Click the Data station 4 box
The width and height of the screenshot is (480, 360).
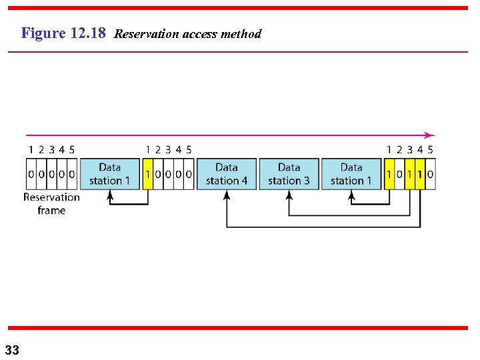[x=227, y=174]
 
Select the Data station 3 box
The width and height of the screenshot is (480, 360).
[x=289, y=174]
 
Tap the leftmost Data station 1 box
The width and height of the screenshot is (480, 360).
[x=109, y=174]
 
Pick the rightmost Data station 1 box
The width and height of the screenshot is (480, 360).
[x=351, y=174]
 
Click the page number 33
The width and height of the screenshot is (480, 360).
[x=12, y=349]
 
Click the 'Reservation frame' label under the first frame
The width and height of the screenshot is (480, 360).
[x=51, y=203]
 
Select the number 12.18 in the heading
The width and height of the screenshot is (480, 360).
[x=87, y=33]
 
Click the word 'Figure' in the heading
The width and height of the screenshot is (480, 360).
[x=43, y=33]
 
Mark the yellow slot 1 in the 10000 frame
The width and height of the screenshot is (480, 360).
[x=148, y=175]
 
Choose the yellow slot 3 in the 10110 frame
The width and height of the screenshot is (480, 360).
[x=409, y=175]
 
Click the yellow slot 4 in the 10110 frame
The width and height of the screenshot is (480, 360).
[x=420, y=175]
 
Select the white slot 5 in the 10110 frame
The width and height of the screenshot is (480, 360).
[x=430, y=175]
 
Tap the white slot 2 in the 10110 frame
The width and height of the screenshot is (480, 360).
[x=399, y=175]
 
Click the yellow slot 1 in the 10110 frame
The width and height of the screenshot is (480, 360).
[x=389, y=175]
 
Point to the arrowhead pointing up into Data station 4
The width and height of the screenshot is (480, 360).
[x=227, y=195]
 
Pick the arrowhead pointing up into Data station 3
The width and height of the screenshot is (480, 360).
[x=289, y=195]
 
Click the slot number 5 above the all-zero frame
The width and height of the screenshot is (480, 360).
[x=72, y=150]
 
